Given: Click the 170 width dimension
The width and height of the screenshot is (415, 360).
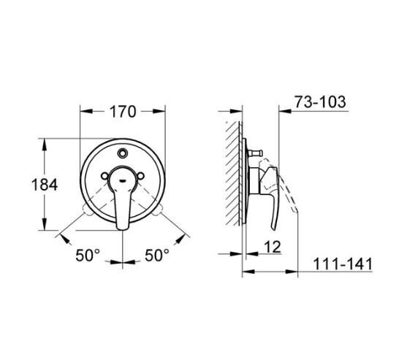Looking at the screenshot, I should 123,112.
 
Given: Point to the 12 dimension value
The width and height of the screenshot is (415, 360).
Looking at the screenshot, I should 272,248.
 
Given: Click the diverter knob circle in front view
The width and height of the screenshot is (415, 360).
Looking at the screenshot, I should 123,153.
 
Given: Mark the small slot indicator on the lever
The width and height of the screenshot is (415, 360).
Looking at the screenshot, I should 123,177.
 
